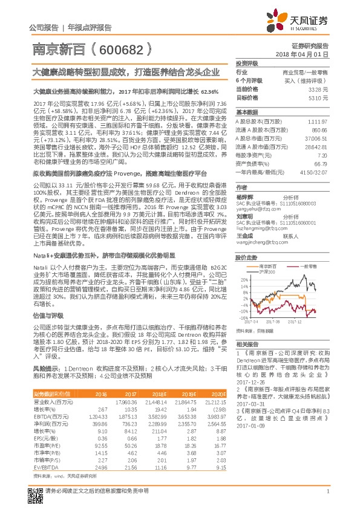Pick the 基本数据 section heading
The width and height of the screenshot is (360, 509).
246,112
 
